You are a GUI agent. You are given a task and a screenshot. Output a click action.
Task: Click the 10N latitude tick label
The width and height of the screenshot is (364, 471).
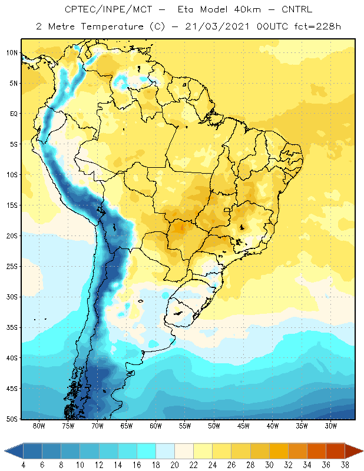point(12,53)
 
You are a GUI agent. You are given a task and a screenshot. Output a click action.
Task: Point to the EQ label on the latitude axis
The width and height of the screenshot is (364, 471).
point(14,114)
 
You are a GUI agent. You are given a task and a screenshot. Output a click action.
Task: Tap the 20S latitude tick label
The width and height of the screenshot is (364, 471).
point(12,236)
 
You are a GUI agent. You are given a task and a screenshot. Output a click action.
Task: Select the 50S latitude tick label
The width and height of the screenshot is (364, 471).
point(12,419)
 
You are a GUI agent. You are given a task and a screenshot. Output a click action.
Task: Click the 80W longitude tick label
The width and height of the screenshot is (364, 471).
point(39,426)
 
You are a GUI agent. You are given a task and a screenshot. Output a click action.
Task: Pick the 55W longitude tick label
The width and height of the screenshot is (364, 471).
point(185,426)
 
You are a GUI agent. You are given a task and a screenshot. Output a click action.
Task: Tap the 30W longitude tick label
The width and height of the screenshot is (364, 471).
point(331,426)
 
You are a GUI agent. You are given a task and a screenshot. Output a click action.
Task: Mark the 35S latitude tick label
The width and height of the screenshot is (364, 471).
point(12,327)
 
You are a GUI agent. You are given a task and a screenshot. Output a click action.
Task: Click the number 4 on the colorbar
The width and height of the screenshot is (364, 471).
point(23,465)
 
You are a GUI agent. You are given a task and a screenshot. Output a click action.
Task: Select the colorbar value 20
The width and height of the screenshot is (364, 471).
point(174,465)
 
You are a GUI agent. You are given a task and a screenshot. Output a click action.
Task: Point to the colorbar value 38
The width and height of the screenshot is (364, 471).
point(345,465)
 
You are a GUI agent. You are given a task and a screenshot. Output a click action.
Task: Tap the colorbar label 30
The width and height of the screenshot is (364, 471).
point(269,465)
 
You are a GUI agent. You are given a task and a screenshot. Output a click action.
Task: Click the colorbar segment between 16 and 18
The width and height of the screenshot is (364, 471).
point(147,451)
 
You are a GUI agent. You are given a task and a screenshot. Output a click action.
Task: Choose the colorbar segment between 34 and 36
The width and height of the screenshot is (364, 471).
point(316,451)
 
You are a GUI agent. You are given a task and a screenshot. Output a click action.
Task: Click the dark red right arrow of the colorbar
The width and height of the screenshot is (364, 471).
point(353,451)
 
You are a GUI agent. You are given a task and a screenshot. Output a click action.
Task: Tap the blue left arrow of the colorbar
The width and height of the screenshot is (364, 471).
point(14,451)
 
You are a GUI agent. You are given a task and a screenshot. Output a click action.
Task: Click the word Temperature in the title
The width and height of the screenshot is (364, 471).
point(112,26)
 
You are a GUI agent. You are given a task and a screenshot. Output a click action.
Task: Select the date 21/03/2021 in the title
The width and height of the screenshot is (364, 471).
point(217,26)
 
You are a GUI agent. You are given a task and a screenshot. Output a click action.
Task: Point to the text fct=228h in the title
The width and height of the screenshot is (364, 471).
point(317,26)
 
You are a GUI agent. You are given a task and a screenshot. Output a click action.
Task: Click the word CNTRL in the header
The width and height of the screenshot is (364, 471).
point(297,9)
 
